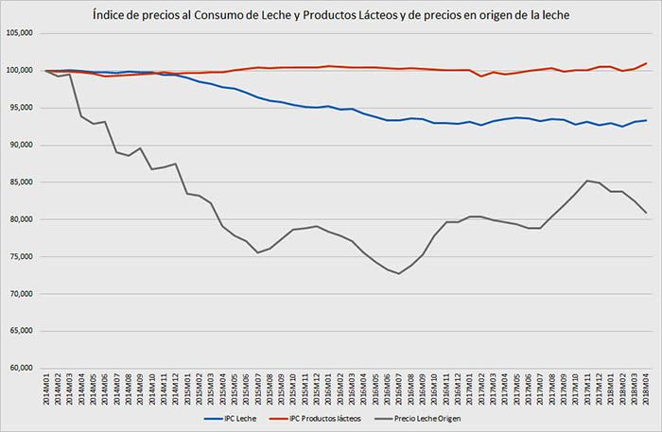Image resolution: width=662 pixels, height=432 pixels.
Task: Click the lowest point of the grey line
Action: (399, 273)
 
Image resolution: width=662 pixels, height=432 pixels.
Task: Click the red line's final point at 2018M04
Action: (646, 63)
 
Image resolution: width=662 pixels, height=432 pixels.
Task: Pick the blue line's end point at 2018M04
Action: (646, 120)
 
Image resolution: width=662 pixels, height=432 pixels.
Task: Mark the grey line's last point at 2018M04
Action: (646, 213)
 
